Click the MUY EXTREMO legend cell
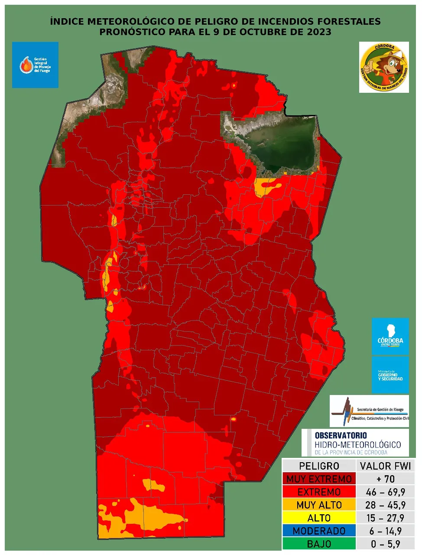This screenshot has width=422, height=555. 319,479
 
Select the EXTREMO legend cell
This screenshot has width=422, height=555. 319,492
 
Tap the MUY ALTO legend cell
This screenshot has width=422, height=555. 319,505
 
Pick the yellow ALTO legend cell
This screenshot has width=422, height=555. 319,518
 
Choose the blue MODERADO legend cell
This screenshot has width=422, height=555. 319,531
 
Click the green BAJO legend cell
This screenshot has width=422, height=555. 319,544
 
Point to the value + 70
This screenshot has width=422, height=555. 385,479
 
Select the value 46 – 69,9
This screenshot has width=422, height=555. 385,492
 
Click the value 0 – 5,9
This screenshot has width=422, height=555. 385,544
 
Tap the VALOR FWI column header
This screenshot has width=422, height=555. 385,466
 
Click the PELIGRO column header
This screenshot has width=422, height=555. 319,466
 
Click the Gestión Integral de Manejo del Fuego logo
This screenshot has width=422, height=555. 35,65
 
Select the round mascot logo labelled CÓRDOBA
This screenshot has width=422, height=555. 384,67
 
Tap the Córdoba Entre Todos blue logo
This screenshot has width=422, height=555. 390,336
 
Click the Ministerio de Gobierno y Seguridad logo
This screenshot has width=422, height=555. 390,375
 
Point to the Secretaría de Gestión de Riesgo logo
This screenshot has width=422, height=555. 369,411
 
